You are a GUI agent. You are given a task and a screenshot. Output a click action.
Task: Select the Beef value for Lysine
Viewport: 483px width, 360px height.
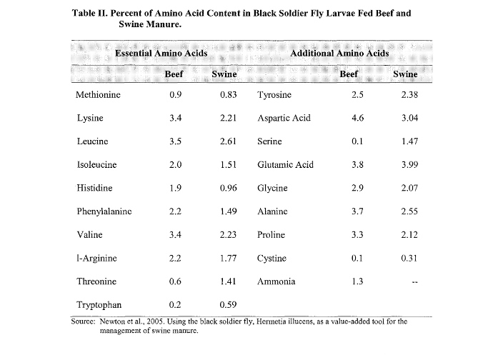[x=175, y=119]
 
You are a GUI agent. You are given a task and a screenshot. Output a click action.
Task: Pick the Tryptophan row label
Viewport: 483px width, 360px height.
[x=99, y=306]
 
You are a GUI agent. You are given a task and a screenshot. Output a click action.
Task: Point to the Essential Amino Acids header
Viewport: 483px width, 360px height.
[x=161, y=54]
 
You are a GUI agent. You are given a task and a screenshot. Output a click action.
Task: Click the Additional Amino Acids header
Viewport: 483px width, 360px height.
[x=334, y=54]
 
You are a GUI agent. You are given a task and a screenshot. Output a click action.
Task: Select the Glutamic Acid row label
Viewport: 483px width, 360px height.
[x=285, y=165]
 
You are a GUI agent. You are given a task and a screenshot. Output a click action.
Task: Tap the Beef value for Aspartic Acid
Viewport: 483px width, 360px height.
[x=358, y=119]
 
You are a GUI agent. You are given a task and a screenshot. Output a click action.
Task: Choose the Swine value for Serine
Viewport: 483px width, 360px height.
[x=409, y=142]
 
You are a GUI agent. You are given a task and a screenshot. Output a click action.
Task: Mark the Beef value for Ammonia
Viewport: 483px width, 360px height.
[x=358, y=282]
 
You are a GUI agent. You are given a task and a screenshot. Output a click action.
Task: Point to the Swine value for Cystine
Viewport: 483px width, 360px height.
[x=409, y=259]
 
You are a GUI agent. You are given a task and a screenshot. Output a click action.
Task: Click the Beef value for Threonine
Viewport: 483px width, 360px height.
[x=175, y=282]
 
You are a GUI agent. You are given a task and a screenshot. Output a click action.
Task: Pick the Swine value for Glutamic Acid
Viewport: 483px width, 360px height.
[x=409, y=165]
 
